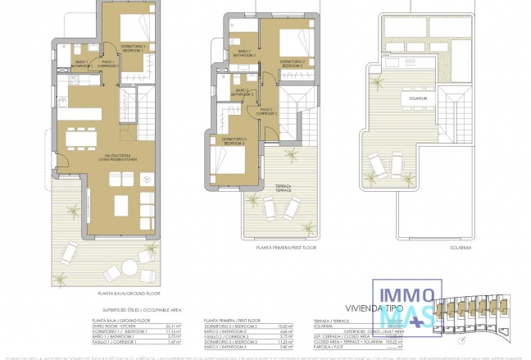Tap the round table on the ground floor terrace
tap(129, 267)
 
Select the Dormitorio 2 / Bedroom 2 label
tap(293, 62)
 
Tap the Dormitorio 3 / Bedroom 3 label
tap(234, 151)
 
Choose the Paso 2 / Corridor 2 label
tap(267, 112)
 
